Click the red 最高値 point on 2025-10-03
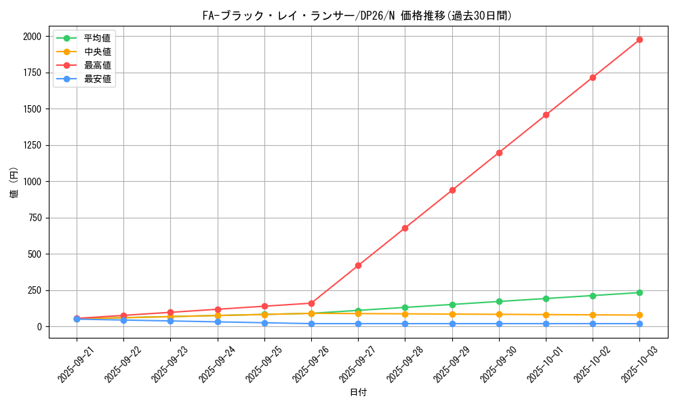tap(639, 40)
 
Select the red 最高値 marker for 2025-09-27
tap(358, 265)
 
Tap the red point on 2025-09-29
tap(452, 190)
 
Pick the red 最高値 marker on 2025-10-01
tap(546, 115)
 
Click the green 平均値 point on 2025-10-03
tap(639, 292)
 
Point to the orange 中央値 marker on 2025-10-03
tap(639, 315)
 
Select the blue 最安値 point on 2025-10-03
tap(639, 324)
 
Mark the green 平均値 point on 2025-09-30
tap(499, 301)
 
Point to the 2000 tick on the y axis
tap(33, 37)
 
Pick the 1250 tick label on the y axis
tap(33, 145)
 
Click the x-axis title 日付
tap(358, 393)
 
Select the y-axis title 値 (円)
tap(14, 183)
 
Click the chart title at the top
tap(358, 15)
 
